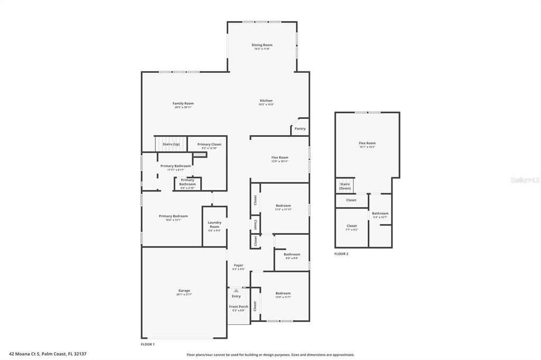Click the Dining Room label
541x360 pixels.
tap(262, 45)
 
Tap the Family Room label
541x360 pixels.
tap(183, 103)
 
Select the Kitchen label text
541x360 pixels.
tap(266, 101)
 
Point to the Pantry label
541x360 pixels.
tap(300, 129)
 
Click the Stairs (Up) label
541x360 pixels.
tap(171, 144)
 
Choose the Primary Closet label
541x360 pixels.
tap(209, 145)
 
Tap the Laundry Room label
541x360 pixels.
tap(214, 224)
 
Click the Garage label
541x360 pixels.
tap(184, 291)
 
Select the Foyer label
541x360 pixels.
tap(238, 266)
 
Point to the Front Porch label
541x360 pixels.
tap(238, 307)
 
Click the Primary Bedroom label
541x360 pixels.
tap(173, 216)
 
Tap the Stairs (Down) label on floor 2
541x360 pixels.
tap(344, 186)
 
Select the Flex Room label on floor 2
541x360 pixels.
tap(367, 143)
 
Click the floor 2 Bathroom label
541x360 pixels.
tap(380, 213)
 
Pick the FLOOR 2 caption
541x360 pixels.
tap(341, 254)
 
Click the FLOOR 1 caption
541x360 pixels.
tap(148, 344)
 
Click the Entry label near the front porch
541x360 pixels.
tap(236, 296)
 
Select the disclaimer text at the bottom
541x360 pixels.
tap(270, 355)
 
